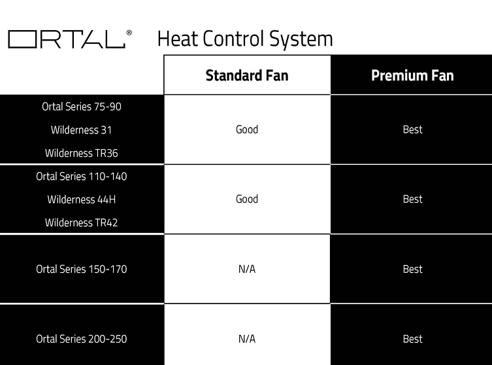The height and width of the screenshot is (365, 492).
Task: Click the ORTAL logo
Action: tap(67, 39)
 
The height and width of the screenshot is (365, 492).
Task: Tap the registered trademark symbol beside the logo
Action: tap(129, 33)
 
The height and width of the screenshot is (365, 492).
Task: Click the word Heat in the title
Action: tap(178, 39)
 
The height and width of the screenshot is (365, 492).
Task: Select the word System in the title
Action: tap(301, 40)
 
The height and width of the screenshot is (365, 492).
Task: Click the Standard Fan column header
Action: tap(247, 75)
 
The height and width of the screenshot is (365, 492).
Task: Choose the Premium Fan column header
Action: tap(412, 75)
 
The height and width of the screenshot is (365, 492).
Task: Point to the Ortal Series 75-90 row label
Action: tap(82, 107)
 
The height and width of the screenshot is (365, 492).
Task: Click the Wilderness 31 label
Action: tap(81, 130)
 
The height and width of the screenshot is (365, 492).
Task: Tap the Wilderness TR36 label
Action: tap(81, 153)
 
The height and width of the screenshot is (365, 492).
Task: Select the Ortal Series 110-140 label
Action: tap(81, 177)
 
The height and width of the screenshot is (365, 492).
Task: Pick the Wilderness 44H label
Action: tap(81, 200)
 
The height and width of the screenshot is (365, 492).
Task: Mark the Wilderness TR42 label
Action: tap(81, 222)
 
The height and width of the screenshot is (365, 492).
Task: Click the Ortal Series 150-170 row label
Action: tap(81, 269)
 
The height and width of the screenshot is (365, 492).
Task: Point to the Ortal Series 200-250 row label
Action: tap(81, 339)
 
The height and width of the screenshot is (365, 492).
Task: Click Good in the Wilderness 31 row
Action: tap(247, 130)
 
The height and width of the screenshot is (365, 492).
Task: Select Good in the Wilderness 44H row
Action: tap(247, 199)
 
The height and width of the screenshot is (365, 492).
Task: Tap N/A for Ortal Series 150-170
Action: tap(247, 269)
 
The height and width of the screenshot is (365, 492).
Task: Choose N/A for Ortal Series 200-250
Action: tap(247, 339)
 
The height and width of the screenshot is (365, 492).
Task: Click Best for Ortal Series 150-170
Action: tap(413, 269)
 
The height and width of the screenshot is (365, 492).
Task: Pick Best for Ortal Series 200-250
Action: tap(413, 339)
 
